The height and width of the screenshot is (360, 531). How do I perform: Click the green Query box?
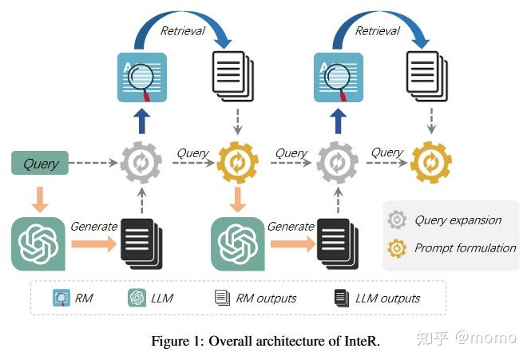(x=40, y=164)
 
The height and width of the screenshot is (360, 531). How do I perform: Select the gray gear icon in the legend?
(x=397, y=220)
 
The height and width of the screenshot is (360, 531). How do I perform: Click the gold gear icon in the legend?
(x=397, y=248)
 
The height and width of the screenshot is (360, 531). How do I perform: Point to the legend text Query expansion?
(x=458, y=220)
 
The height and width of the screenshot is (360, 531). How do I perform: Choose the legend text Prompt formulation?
(x=465, y=248)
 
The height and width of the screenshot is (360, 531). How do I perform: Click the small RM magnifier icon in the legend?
(x=60, y=299)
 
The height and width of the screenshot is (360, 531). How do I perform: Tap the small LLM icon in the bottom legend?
(x=136, y=299)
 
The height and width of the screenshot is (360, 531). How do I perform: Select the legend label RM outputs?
(x=266, y=299)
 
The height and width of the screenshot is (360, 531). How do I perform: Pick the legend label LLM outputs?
(x=388, y=299)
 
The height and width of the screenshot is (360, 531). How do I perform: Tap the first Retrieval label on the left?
(x=183, y=31)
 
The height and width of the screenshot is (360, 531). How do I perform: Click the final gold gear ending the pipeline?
(x=430, y=163)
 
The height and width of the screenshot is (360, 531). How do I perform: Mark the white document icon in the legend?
(x=221, y=299)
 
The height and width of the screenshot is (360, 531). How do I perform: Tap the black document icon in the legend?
(x=341, y=299)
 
